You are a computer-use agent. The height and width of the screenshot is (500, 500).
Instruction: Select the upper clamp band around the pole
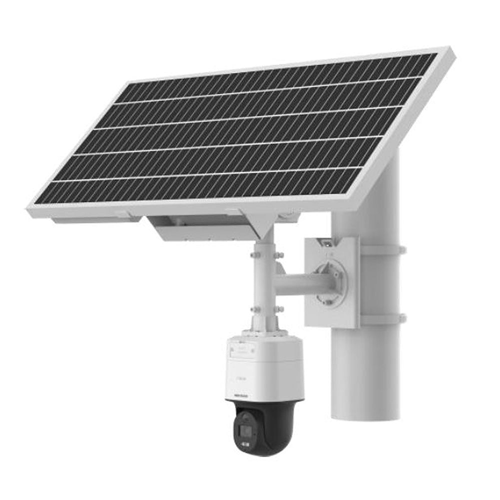[x=382, y=249]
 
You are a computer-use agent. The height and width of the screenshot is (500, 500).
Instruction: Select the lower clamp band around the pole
[x=382, y=318]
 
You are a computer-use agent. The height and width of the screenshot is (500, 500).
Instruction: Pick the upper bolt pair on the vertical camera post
[x=265, y=256]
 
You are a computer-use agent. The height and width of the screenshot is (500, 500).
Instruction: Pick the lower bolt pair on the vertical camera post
[x=266, y=310]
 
